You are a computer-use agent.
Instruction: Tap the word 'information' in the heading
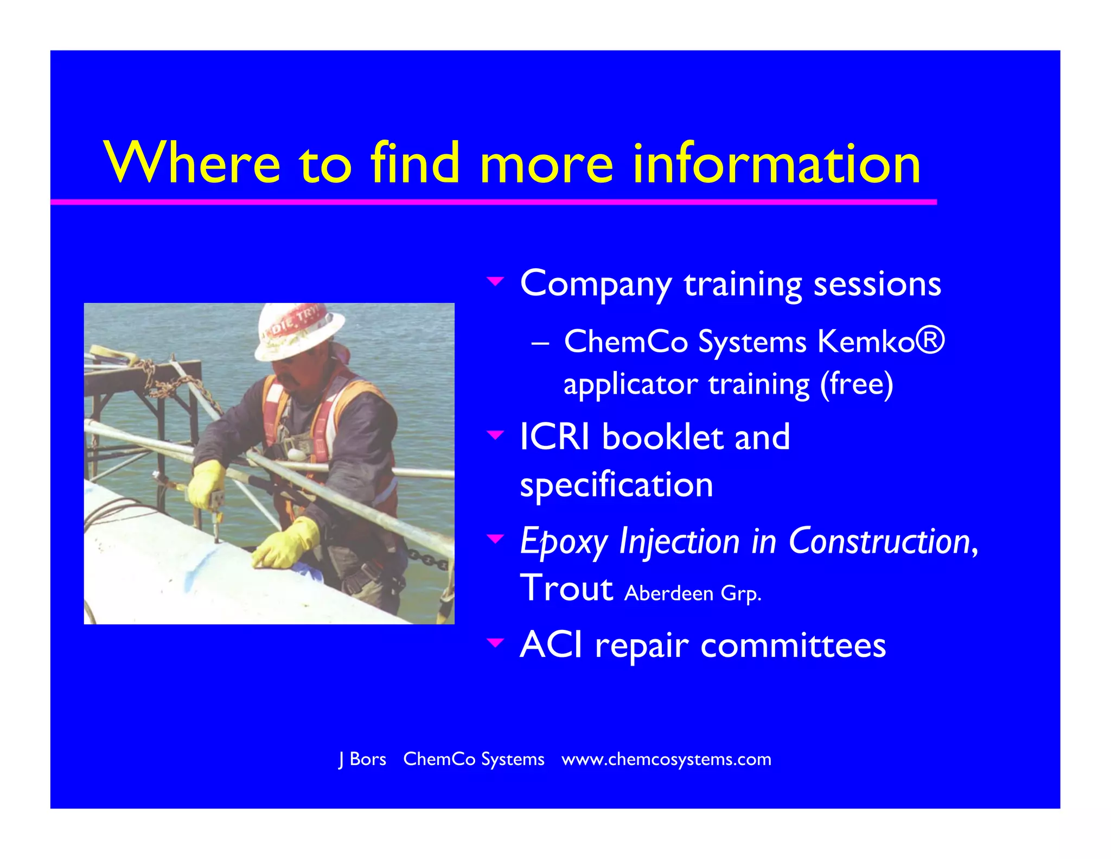776,163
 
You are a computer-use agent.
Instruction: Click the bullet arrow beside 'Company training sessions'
495,281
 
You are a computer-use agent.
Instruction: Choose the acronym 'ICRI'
554,437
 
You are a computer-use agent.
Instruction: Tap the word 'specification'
616,485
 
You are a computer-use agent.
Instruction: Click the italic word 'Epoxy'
564,542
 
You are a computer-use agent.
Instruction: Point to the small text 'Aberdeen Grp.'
693,593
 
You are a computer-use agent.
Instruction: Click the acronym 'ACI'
551,645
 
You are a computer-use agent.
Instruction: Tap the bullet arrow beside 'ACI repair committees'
495,643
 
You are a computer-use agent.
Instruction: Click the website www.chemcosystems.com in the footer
666,759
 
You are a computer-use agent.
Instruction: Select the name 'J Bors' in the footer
362,759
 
